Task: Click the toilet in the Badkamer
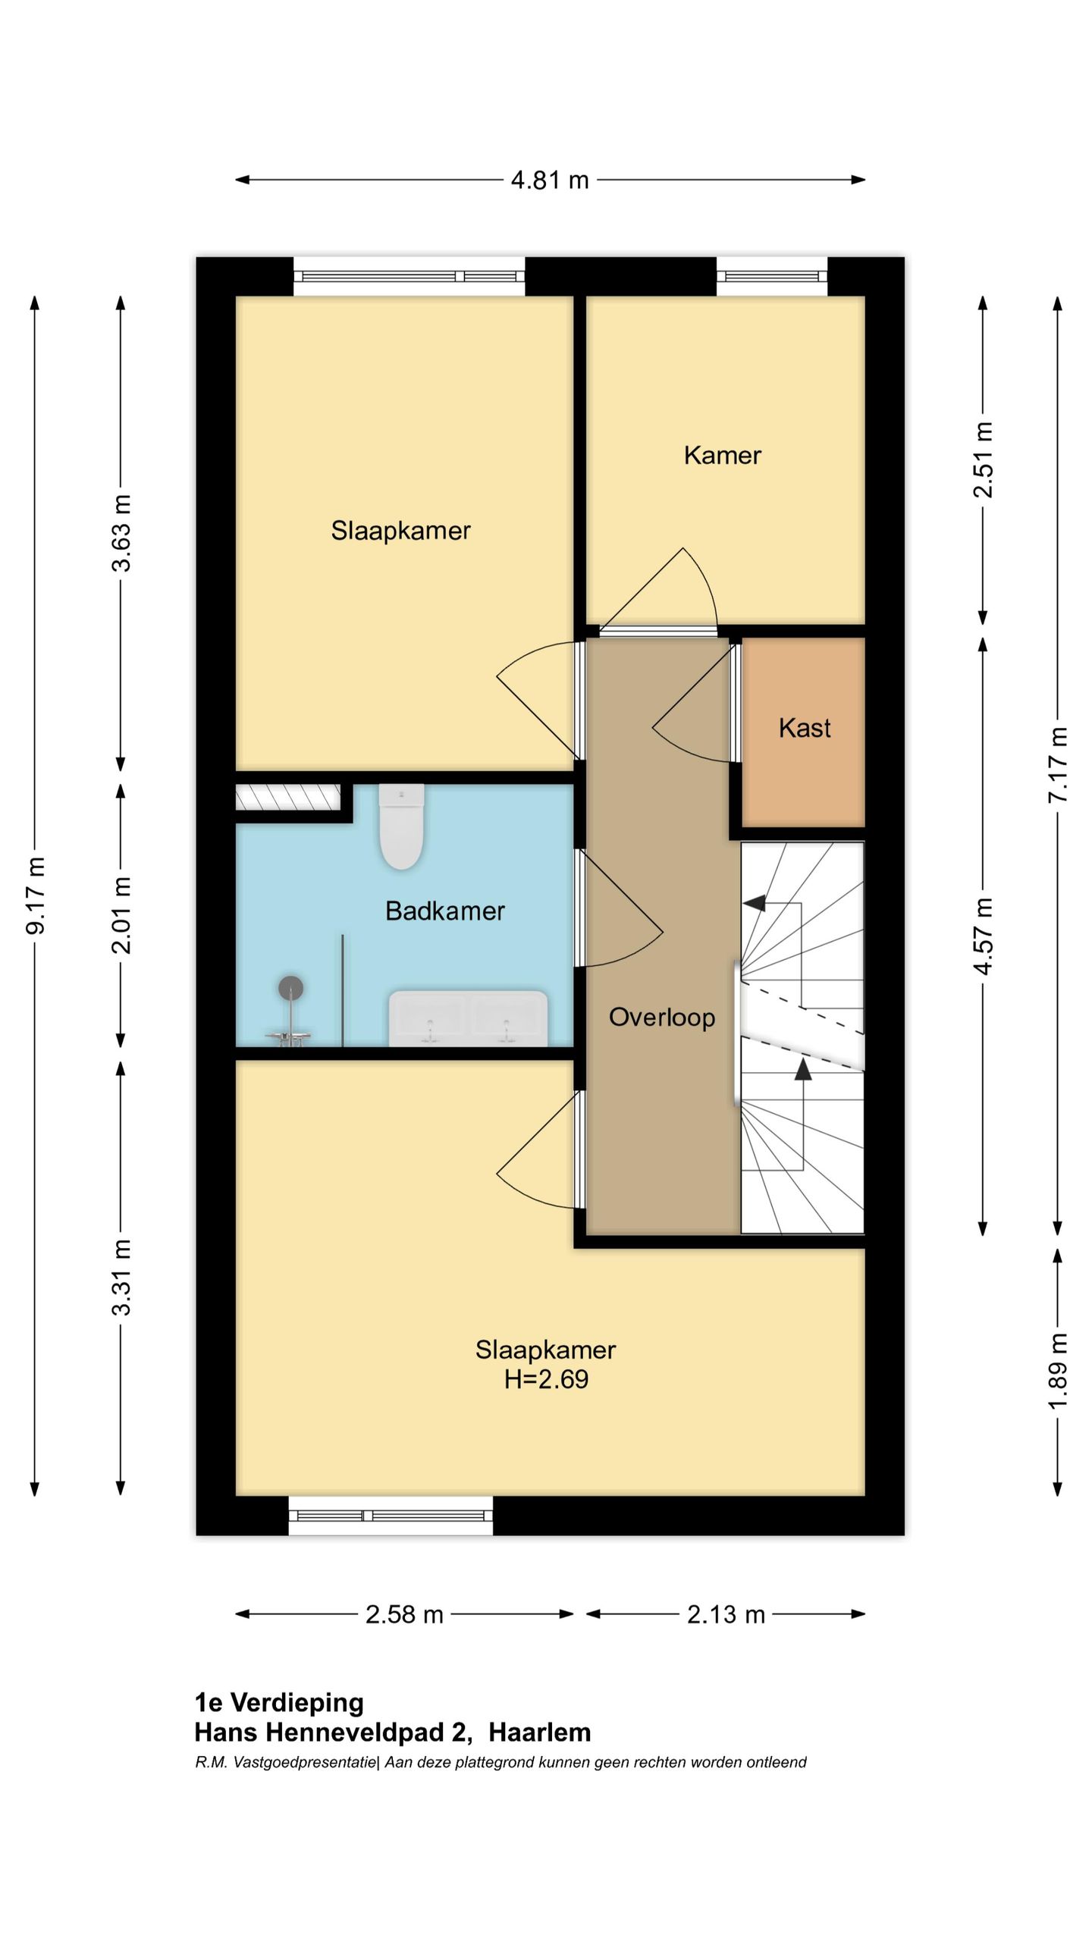pos(401,826)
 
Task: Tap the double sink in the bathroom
pos(468,1018)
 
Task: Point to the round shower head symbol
pos(291,988)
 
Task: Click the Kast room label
pos(805,728)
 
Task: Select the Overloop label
pos(662,1018)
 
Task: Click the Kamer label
pos(722,455)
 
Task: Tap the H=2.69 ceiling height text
pos(546,1378)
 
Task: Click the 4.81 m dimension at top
pos(550,180)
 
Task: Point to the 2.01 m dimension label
pos(121,914)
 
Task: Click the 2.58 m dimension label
pos(404,1614)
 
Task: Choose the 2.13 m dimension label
pos(726,1614)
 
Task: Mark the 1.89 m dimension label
pos(1058,1371)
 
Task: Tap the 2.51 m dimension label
pos(983,459)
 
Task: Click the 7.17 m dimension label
pos(1058,764)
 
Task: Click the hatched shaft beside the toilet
pos(287,797)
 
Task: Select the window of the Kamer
pos(772,276)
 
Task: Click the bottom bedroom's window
pos(391,1516)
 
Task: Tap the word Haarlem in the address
pos(540,1732)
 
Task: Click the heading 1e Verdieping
pos(279,1702)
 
